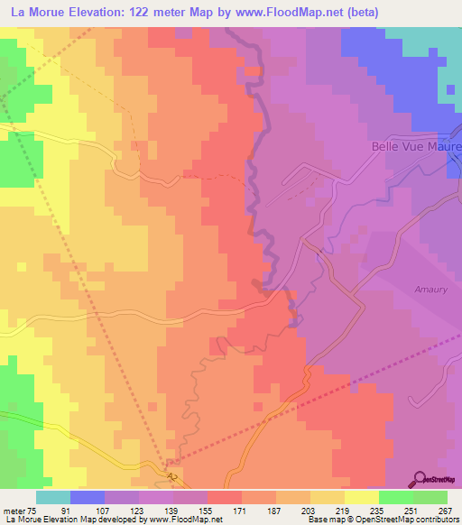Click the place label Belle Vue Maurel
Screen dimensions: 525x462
pos(416,146)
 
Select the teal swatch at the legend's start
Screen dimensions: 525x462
pos(53,497)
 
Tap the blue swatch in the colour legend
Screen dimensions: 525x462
pos(88,497)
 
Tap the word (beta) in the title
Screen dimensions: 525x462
pos(371,12)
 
